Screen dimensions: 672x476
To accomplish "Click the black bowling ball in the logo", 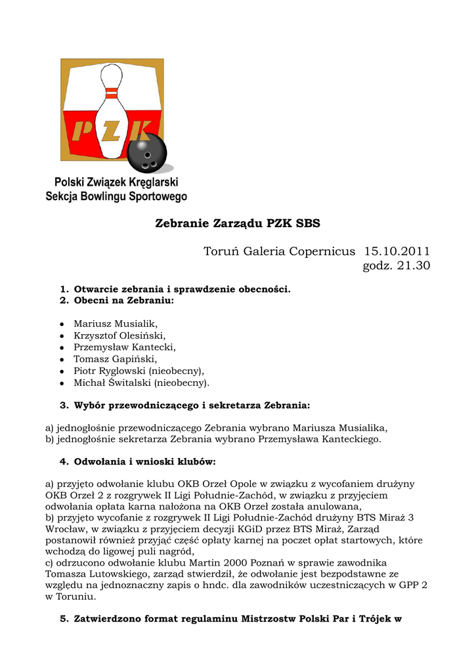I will click(x=147, y=153).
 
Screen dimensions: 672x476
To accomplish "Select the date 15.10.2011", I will click(x=397, y=251).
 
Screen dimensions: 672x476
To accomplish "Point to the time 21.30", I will click(x=412, y=265).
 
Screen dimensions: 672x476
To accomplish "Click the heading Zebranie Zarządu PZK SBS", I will click(x=238, y=223).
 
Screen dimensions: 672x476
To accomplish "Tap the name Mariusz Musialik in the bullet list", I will click(x=115, y=324).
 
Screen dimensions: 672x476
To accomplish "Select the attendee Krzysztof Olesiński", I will click(x=119, y=335).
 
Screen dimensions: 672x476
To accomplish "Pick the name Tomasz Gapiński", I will click(x=115, y=359).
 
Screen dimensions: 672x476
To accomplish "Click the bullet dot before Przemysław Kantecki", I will click(x=61, y=348).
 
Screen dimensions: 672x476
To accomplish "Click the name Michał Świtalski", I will click(x=112, y=383).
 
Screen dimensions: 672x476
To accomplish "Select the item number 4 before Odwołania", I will click(x=64, y=461).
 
